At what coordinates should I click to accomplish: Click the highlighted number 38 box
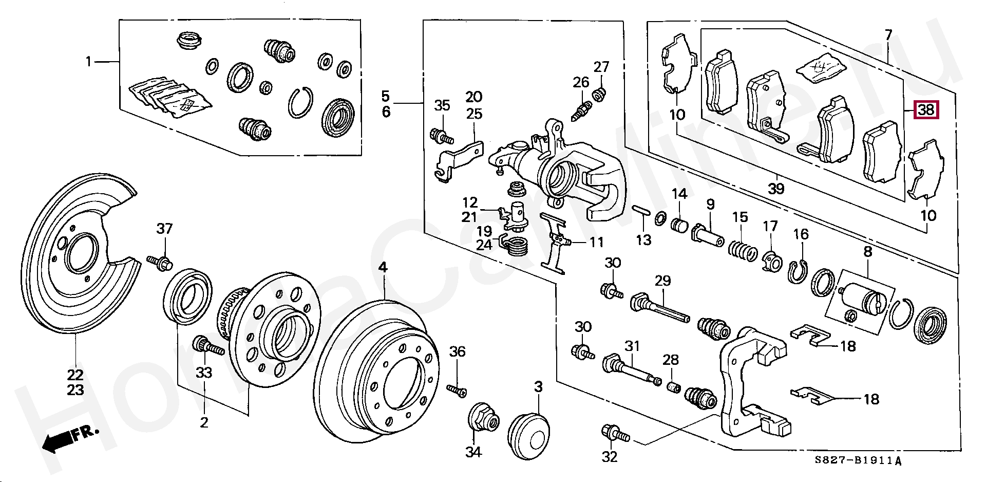(x=926, y=110)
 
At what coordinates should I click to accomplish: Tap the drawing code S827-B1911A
(x=858, y=461)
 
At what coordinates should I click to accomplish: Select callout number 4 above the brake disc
(x=383, y=267)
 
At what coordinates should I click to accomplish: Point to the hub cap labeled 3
(x=528, y=438)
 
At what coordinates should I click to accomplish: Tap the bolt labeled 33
(x=207, y=346)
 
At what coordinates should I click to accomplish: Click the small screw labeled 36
(x=456, y=391)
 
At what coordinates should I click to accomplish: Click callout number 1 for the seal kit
(x=88, y=62)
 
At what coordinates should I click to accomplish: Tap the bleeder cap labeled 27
(x=599, y=94)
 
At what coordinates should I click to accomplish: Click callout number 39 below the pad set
(x=776, y=189)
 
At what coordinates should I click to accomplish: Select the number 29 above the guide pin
(x=663, y=281)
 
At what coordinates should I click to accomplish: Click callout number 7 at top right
(x=888, y=35)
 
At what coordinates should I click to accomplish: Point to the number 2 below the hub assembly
(x=204, y=423)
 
